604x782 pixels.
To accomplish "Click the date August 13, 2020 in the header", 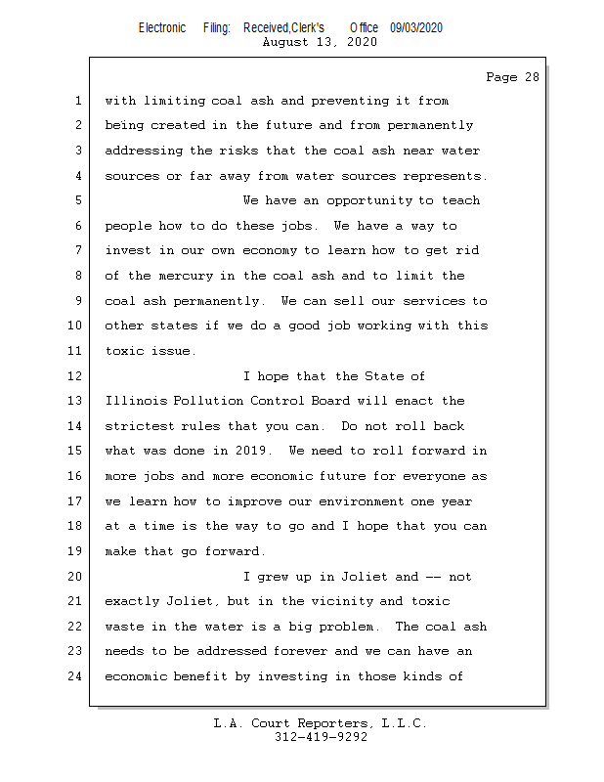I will click(321, 42).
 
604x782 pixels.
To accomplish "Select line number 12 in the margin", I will click(77, 376).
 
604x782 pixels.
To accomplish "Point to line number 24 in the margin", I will click(77, 676).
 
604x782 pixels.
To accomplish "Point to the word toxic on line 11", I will click(124, 351).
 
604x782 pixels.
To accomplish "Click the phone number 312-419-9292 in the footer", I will click(321, 738).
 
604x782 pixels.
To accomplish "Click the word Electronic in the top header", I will click(162, 27).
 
